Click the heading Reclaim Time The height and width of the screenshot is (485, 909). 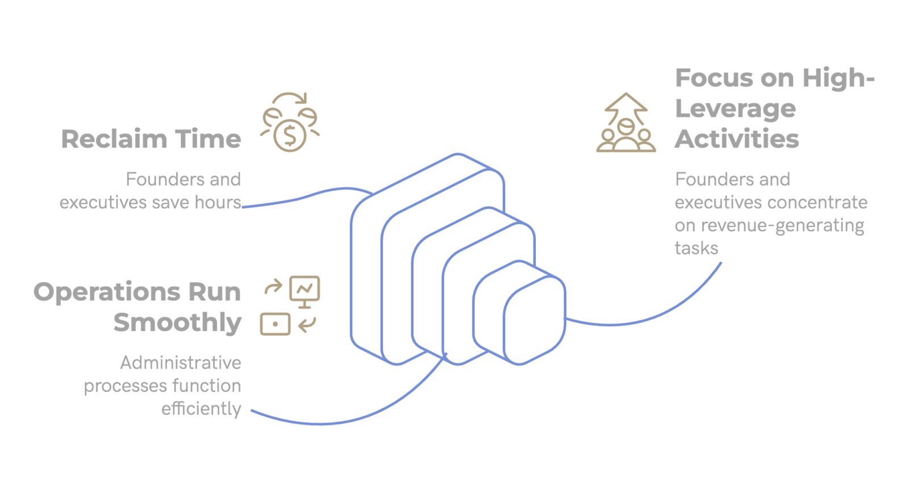point(151,139)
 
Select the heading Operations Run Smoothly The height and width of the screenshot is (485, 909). point(137,307)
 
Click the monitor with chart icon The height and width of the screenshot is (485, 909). point(305,290)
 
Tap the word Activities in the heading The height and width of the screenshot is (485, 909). point(737,139)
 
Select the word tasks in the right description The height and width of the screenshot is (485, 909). point(696,248)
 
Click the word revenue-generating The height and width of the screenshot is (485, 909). point(782,225)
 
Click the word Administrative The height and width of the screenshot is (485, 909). point(181,362)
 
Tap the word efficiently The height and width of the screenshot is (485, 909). point(201,409)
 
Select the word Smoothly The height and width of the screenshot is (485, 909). point(177,323)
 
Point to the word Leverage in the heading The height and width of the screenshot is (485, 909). point(735,108)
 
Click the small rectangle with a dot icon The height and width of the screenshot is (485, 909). point(276,324)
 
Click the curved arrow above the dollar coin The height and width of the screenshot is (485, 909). point(291,98)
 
